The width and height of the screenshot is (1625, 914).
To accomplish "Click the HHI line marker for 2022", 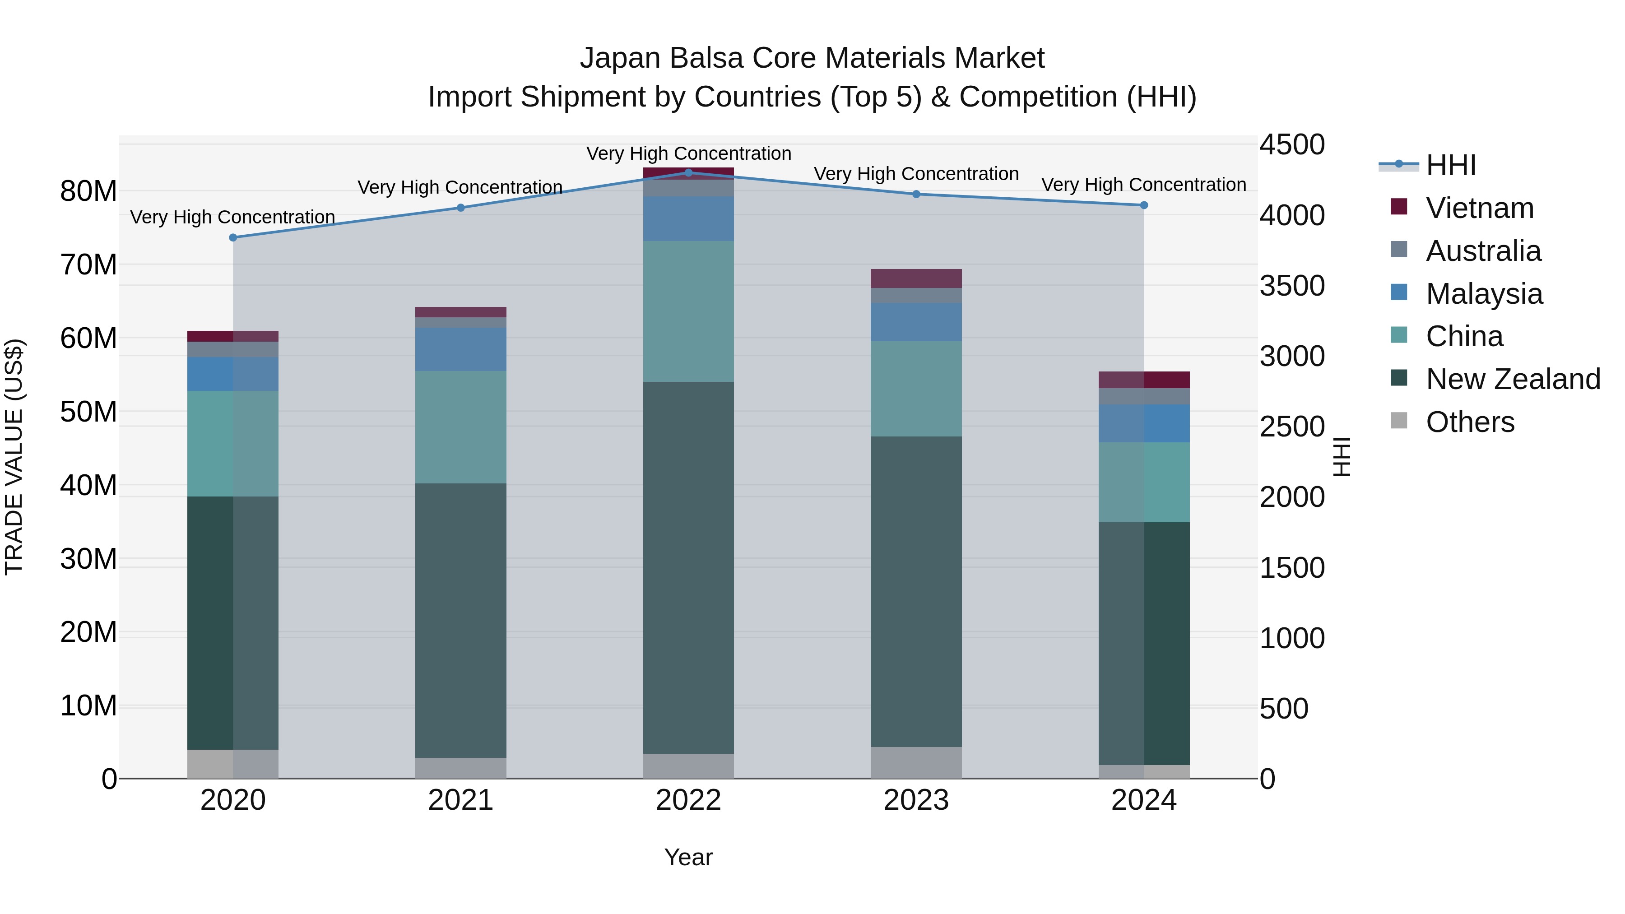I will click(x=688, y=172).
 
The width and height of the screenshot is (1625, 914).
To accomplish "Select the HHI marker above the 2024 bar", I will click(x=1144, y=205).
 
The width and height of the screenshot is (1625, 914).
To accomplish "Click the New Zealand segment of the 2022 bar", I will click(x=688, y=568).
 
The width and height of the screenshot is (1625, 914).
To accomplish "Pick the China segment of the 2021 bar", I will click(x=460, y=427).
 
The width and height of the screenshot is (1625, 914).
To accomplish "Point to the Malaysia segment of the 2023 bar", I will click(x=916, y=322).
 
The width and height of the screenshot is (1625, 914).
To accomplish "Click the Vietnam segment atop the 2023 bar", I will click(x=916, y=278).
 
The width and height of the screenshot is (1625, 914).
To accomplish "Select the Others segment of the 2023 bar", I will click(x=916, y=763).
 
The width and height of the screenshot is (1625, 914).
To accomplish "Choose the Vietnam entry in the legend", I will click(x=1479, y=208).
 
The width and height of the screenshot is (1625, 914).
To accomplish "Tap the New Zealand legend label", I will click(x=1513, y=379).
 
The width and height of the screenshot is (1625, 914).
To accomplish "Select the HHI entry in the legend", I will click(x=1450, y=165).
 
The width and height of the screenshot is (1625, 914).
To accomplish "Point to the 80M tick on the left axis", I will click(x=88, y=191).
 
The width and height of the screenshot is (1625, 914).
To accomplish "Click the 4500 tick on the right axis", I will click(x=1292, y=144).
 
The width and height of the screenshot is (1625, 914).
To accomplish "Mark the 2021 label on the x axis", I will click(x=460, y=800).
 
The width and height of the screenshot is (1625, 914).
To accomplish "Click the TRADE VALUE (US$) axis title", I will click(x=14, y=457).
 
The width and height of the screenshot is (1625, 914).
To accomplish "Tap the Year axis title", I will click(x=688, y=857).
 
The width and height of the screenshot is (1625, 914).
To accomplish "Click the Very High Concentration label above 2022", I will click(x=688, y=153).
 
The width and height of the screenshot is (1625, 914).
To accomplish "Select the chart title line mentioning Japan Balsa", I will click(x=812, y=58).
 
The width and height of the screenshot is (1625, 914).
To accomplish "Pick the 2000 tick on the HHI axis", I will click(x=1292, y=497).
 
